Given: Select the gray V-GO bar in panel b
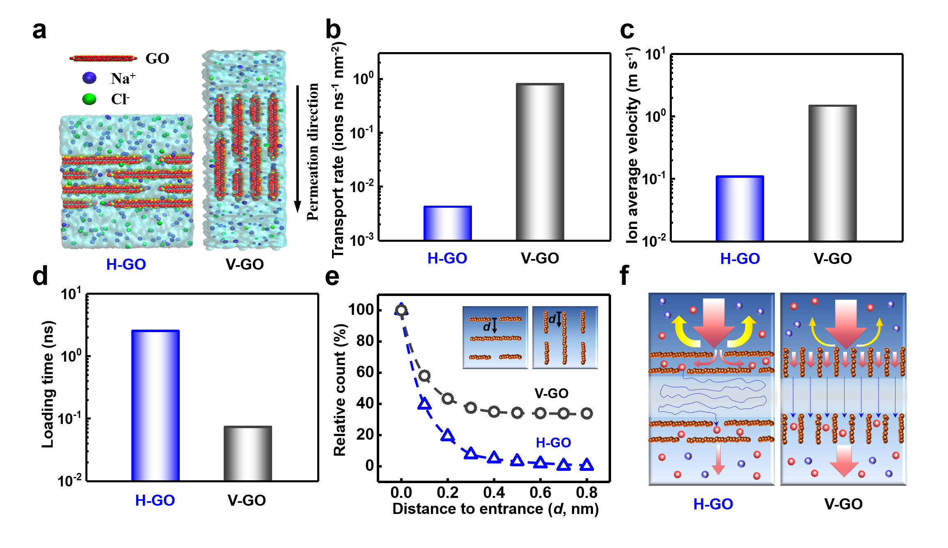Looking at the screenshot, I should [540, 162].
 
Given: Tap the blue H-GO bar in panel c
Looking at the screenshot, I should [740, 208].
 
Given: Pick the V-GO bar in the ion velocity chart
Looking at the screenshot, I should [832, 173].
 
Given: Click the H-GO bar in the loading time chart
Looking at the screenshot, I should [155, 405].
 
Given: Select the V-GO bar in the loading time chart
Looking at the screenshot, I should [247, 453].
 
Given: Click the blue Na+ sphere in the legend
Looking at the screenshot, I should [89, 78].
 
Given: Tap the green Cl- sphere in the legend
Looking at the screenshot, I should [89, 99].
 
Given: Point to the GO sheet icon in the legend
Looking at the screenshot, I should [103, 58].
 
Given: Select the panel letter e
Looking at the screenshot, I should [332, 277].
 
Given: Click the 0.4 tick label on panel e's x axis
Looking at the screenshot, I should [494, 492].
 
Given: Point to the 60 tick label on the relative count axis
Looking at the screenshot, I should [365, 372].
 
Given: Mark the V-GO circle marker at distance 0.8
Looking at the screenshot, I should [587, 413].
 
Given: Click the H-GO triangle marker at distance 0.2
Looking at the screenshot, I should [448, 436].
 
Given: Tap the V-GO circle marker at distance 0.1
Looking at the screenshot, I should [425, 375].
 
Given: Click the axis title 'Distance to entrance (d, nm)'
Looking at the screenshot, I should [495, 509].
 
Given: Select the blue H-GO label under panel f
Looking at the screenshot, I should [713, 504].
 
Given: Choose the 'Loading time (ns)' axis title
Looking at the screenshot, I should [48, 384].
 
